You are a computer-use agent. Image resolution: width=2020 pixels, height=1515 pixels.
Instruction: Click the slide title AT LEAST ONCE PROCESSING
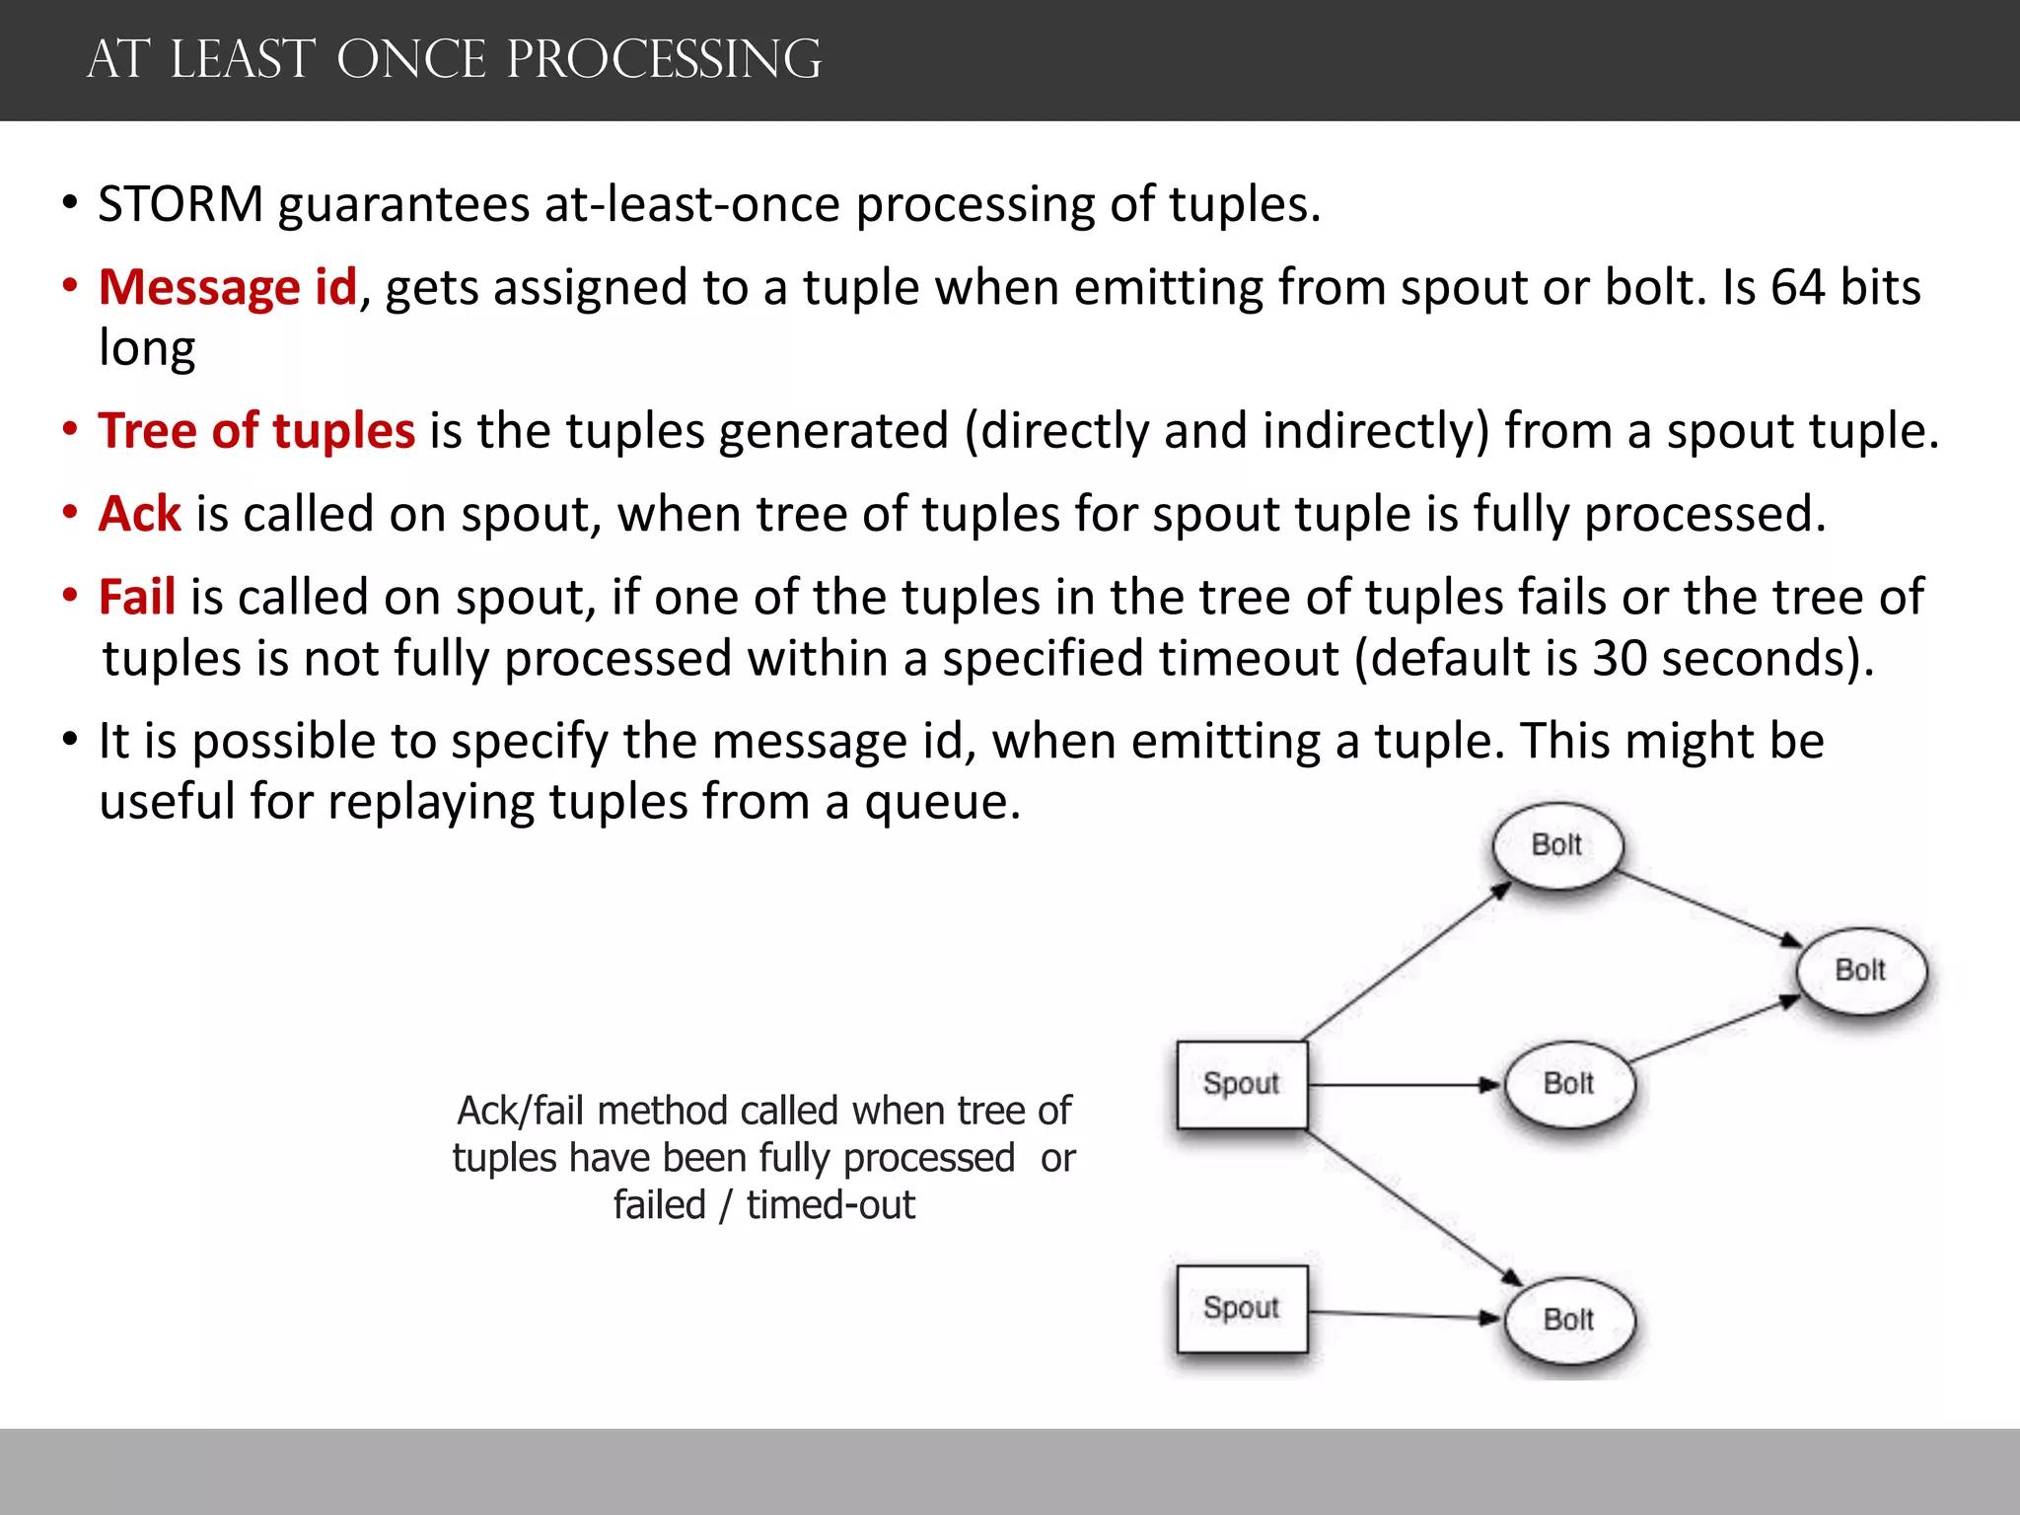click(x=454, y=59)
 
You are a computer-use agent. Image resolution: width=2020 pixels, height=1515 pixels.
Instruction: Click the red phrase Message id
click(x=227, y=288)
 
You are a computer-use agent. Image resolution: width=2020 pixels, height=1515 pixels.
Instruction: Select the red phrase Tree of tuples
click(x=256, y=431)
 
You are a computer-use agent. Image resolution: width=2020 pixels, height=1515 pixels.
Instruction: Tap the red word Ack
click(x=139, y=514)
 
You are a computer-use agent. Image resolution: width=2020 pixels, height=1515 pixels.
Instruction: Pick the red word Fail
click(x=137, y=597)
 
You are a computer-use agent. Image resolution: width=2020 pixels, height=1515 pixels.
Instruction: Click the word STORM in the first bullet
click(x=180, y=204)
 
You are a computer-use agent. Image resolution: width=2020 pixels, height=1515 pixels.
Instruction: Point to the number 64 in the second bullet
click(x=1798, y=288)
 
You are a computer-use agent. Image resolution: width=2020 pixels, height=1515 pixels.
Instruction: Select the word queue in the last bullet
click(x=941, y=801)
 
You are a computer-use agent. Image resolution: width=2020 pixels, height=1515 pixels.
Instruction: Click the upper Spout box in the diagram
click(x=1242, y=1084)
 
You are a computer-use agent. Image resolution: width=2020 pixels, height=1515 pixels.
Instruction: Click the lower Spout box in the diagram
click(x=1242, y=1308)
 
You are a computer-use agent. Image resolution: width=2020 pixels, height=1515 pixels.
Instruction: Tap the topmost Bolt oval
click(x=1556, y=845)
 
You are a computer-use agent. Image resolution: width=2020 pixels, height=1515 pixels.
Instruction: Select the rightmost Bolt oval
click(x=1860, y=971)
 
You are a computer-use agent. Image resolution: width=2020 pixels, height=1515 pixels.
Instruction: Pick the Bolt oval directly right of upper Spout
click(x=1568, y=1084)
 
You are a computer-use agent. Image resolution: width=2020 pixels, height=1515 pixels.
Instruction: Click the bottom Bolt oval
click(x=1568, y=1320)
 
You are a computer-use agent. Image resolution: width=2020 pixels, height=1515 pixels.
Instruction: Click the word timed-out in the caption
click(x=830, y=1205)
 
